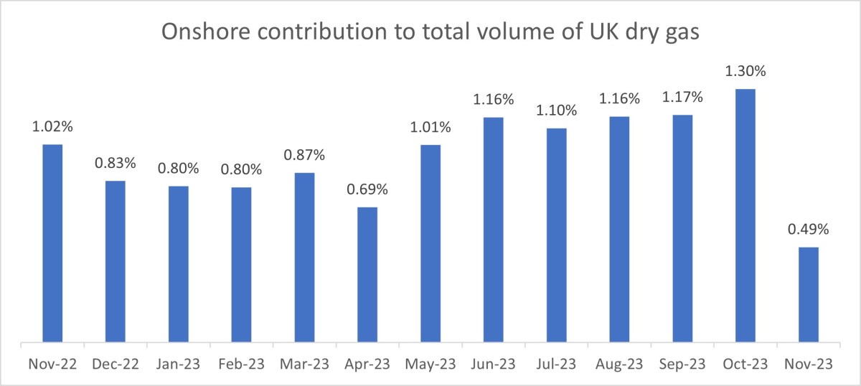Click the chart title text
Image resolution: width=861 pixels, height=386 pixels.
[430, 33]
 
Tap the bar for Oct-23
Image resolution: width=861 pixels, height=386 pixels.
[745, 215]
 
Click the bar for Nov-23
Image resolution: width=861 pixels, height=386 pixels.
[809, 294]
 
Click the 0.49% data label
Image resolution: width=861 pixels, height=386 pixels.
[809, 230]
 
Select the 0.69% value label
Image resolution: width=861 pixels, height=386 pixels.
[367, 190]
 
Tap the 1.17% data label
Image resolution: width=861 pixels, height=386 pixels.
[682, 97]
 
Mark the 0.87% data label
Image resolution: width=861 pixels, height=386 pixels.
[304, 155]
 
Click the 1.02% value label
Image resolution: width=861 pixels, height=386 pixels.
[52, 127]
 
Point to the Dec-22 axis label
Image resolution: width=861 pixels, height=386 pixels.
[116, 364]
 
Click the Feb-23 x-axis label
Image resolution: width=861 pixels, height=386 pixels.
[242, 364]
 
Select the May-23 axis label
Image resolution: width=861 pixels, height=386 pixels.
[430, 364]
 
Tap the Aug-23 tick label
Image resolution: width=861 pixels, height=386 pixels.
[619, 364]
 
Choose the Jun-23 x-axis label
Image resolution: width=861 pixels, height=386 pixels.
[494, 364]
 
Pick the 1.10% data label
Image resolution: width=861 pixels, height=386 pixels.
[556, 110]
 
